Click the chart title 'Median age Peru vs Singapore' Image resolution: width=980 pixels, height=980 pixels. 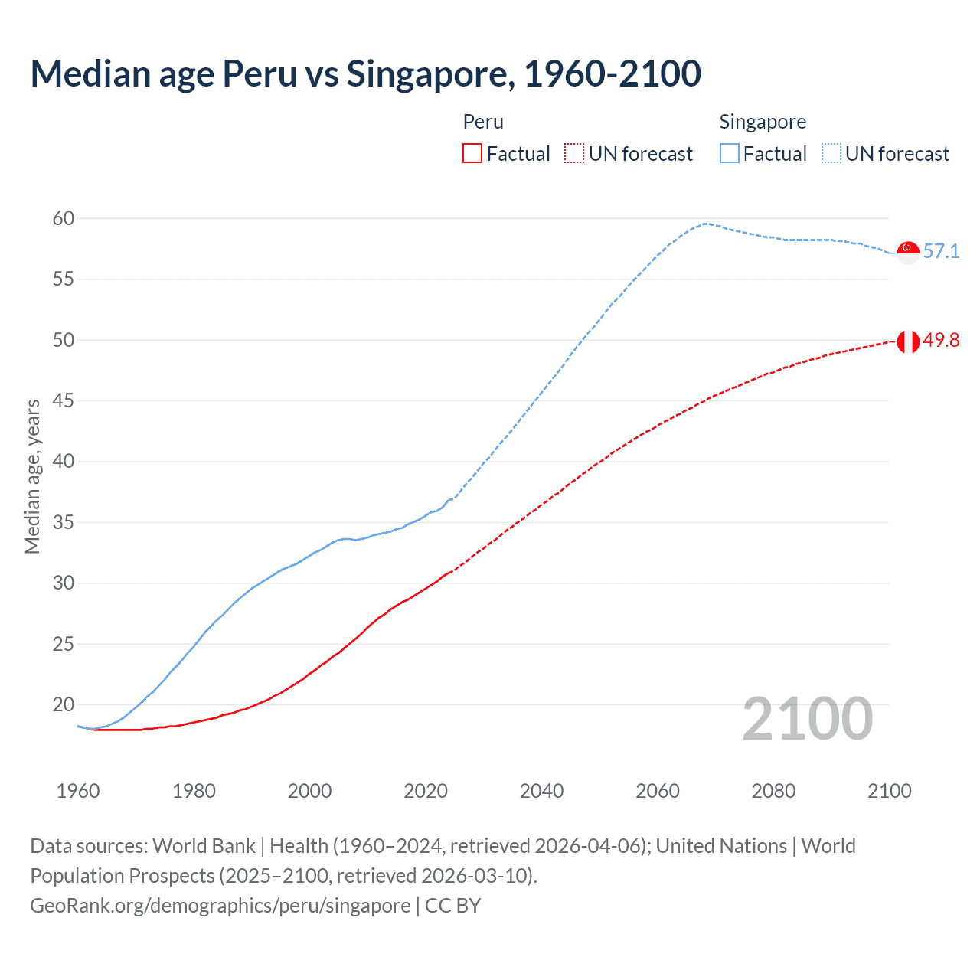pyautogui.click(x=365, y=73)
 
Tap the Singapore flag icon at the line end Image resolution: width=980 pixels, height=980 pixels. pyautogui.click(x=908, y=252)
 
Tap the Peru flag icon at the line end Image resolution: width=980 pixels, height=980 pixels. pyautogui.click(x=908, y=341)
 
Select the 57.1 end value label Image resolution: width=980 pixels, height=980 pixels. pyautogui.click(x=941, y=251)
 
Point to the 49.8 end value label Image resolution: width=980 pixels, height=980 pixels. pyautogui.click(x=941, y=341)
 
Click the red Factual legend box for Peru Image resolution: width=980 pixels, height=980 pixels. pyautogui.click(x=472, y=154)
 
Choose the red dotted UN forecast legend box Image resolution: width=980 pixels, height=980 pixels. pyautogui.click(x=574, y=154)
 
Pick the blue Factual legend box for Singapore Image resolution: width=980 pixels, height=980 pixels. pyautogui.click(x=730, y=154)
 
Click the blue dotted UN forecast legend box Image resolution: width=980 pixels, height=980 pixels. pyautogui.click(x=831, y=154)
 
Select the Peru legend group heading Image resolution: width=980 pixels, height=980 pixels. pyautogui.click(x=483, y=122)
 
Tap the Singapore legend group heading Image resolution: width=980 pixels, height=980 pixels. pyautogui.click(x=763, y=122)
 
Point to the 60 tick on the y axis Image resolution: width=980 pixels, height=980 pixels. pyautogui.click(x=64, y=219)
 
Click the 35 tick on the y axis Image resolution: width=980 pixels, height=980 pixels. pyautogui.click(x=64, y=523)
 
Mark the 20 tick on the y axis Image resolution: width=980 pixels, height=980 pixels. pyautogui.click(x=64, y=704)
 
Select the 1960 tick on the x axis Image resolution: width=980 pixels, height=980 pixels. pyautogui.click(x=78, y=791)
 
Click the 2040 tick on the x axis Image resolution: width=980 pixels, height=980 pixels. pyautogui.click(x=541, y=791)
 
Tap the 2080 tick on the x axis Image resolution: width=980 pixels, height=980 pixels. pyautogui.click(x=773, y=791)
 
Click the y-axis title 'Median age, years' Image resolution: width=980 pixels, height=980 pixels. pyautogui.click(x=32, y=476)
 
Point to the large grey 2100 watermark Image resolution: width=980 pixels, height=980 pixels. pyautogui.click(x=807, y=719)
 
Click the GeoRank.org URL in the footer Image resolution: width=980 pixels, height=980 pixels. pyautogui.click(x=220, y=906)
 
